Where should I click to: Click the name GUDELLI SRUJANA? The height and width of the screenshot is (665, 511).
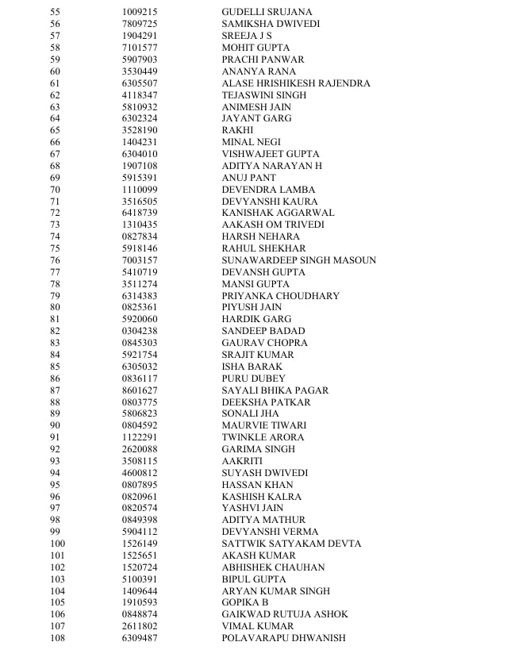[x=267, y=13]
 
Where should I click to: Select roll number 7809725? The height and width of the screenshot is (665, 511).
[x=140, y=25]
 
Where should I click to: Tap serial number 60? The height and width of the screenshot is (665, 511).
[x=55, y=71]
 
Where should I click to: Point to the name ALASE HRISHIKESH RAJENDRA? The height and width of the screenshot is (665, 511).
[x=296, y=83]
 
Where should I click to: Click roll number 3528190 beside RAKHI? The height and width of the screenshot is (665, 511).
[x=140, y=130]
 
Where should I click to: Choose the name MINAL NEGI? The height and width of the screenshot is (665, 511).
[x=250, y=142]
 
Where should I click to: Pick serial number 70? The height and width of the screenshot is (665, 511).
[x=55, y=190]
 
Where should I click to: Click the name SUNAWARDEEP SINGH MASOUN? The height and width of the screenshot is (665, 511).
[x=299, y=260]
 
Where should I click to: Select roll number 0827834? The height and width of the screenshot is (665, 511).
[x=140, y=236]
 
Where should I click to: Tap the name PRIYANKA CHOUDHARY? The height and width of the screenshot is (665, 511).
[x=281, y=296]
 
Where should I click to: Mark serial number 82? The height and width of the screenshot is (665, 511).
[x=55, y=331]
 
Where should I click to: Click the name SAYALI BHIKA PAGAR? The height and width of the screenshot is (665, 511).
[x=275, y=390]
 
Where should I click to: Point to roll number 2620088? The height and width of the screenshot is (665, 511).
[x=140, y=449]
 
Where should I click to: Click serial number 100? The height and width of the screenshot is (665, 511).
[x=57, y=544]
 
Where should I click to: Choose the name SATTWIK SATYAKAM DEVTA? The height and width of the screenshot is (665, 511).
[x=291, y=544]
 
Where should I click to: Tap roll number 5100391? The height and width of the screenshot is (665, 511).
[x=140, y=579]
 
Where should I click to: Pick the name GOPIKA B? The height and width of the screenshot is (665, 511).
[x=245, y=603]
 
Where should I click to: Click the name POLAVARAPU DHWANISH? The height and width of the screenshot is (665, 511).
[x=284, y=638]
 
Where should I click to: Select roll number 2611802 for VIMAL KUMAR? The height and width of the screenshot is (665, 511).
[x=140, y=626]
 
